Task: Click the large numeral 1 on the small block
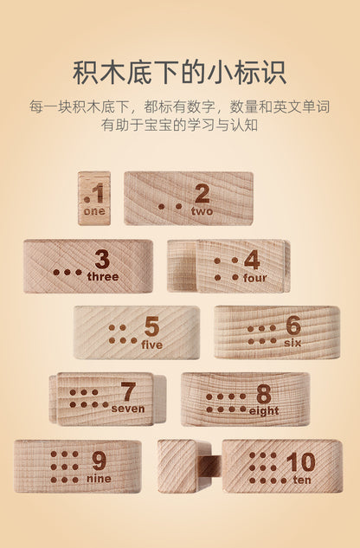coord(98,193)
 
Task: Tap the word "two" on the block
coord(202,211)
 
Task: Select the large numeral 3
coord(102,260)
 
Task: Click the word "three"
coord(103,276)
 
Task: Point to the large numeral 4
coord(252,260)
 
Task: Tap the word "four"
coord(254,278)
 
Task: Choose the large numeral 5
coord(151,327)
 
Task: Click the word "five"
coord(152,345)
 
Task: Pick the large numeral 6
coord(293,326)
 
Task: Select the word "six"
coord(292,343)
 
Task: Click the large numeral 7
coord(128,392)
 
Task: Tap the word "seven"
coord(128,409)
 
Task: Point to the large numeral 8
coord(264,395)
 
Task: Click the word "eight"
coord(264,411)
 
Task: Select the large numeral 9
coord(99,461)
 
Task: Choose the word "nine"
coord(99,479)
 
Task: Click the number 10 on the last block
coord(300,462)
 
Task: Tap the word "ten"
coord(302,480)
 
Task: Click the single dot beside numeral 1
coord(87,200)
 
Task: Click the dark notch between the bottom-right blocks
coord(212,467)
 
